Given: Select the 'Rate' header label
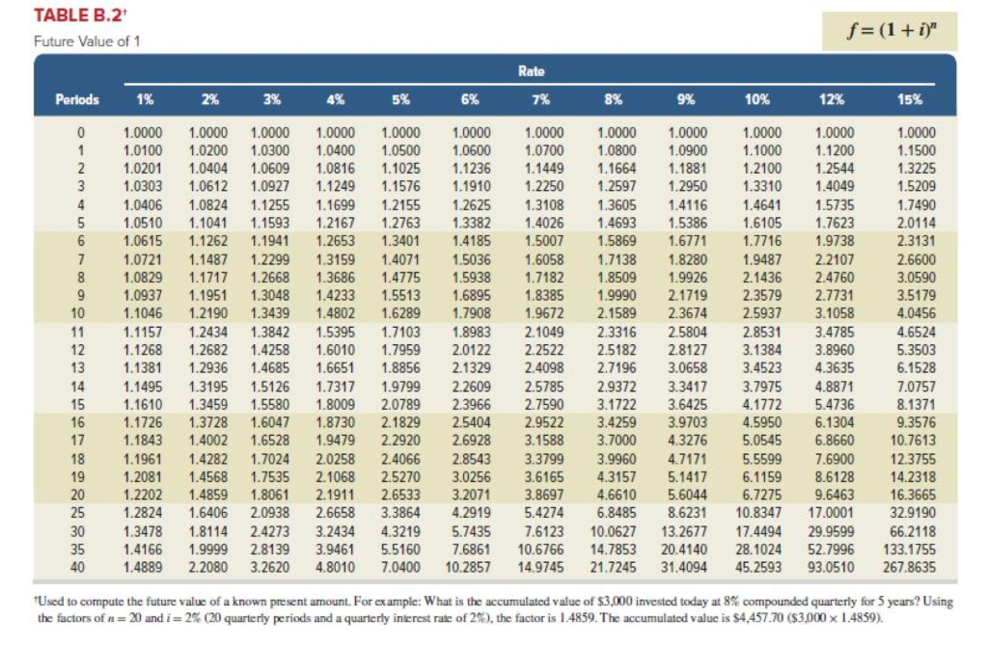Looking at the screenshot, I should point(532,70).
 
